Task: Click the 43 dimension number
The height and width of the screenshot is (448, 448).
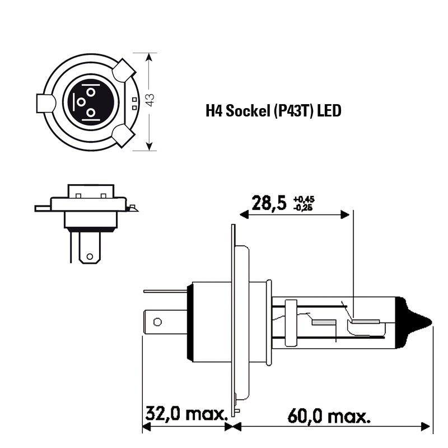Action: [150, 100]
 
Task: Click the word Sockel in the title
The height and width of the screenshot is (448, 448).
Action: [248, 110]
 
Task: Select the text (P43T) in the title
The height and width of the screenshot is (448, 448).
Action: [292, 111]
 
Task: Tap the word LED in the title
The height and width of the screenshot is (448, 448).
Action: [329, 111]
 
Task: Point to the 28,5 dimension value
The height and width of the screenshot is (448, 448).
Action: [269, 203]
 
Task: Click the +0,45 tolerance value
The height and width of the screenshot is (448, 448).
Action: [304, 199]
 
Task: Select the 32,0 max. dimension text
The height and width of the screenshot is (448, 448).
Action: [186, 413]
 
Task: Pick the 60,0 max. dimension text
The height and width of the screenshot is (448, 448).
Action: [329, 416]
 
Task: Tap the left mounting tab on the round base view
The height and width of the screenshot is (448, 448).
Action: [45, 103]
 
